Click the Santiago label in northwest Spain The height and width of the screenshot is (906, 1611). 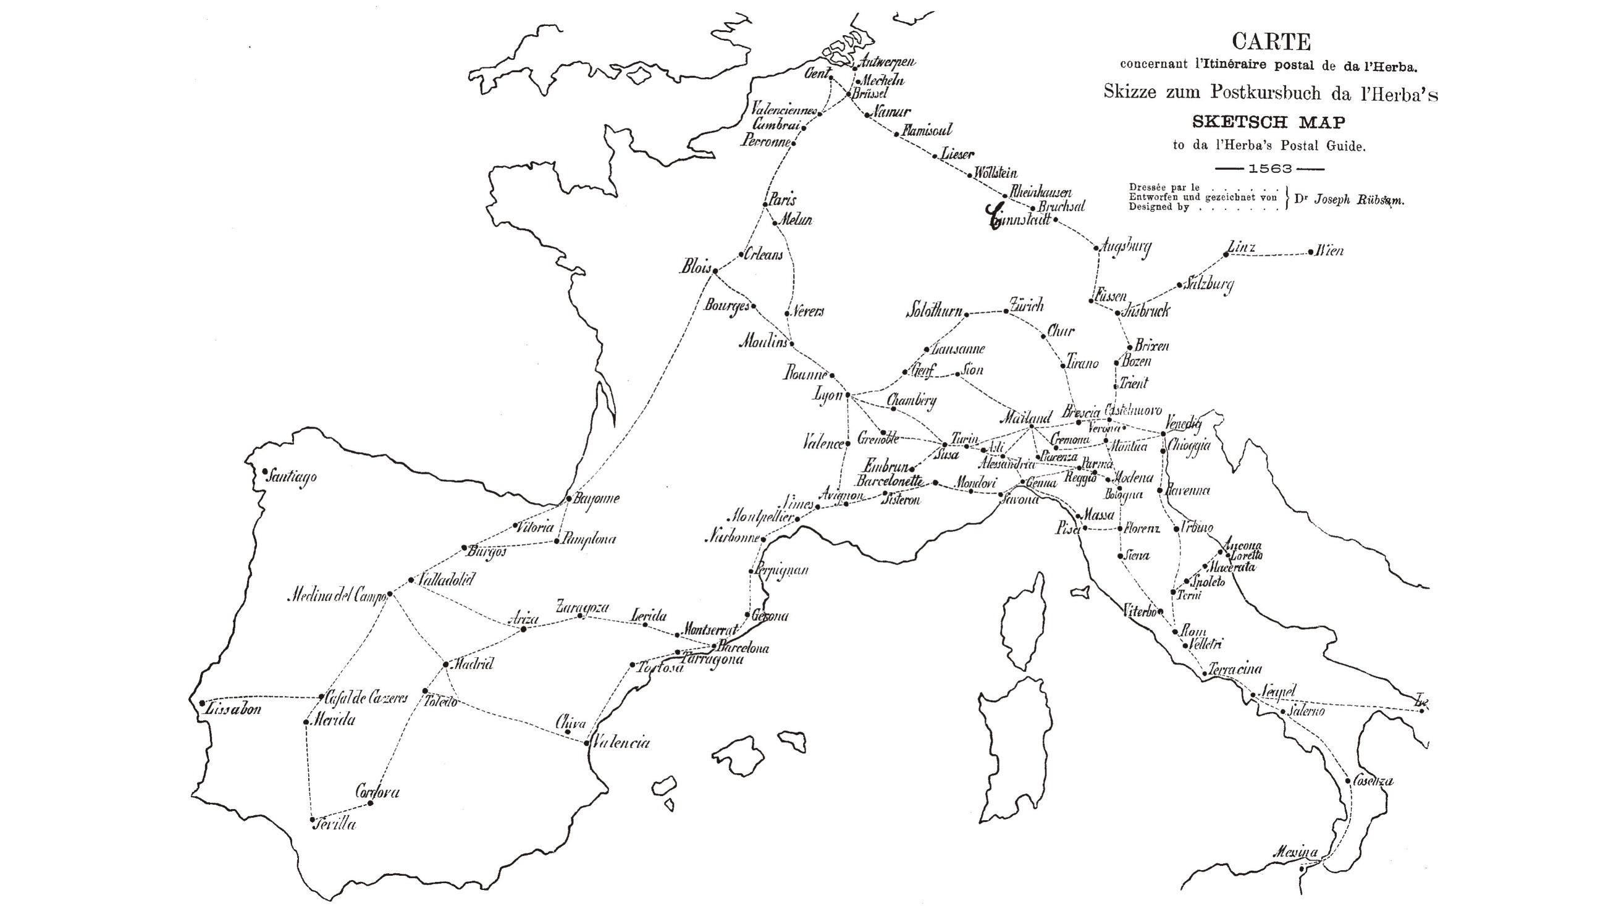[292, 477]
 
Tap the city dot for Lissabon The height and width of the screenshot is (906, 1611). [202, 703]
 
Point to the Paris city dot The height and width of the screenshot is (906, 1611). [765, 204]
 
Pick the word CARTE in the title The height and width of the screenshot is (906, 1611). [1271, 42]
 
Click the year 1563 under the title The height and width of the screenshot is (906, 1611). [1269, 169]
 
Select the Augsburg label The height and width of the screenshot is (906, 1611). [1125, 247]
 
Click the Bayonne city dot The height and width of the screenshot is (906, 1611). [568, 498]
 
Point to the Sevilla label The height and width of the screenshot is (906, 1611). [336, 824]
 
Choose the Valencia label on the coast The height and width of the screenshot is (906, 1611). [621, 743]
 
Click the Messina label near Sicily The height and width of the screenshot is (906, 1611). [1295, 852]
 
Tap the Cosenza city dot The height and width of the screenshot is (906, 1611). [1348, 781]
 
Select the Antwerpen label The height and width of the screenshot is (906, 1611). [888, 61]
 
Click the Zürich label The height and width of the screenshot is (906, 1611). [1027, 306]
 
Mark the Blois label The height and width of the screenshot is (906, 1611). [696, 267]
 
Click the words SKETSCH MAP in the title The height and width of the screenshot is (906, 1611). [1268, 121]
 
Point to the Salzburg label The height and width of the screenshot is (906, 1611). [1208, 284]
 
